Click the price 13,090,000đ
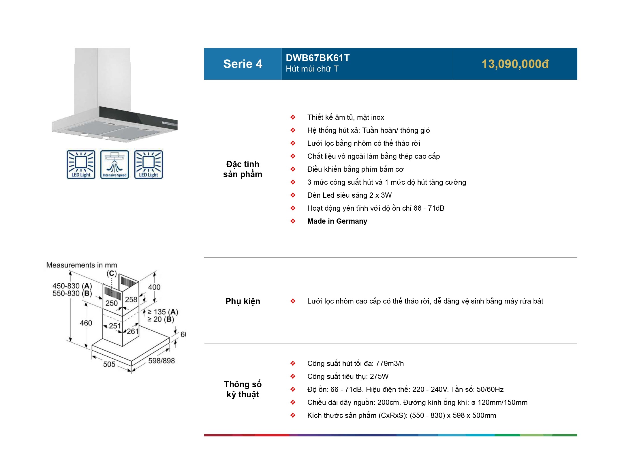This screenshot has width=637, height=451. (515, 64)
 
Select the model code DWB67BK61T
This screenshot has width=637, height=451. (317, 58)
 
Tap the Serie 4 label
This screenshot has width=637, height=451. (243, 64)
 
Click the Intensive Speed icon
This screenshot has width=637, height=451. (114, 164)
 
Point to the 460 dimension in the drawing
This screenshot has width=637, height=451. (86, 323)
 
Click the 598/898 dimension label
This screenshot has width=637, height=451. (161, 361)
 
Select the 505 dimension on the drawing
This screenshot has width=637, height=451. (109, 364)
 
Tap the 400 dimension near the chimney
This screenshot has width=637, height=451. (154, 287)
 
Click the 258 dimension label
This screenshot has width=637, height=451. (131, 300)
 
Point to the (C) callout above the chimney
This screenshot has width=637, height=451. (112, 273)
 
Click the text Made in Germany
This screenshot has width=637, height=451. (337, 221)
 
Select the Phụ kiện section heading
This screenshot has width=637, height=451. (243, 301)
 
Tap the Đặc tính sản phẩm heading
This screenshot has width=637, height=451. (243, 169)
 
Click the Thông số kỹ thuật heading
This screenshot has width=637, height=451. (243, 389)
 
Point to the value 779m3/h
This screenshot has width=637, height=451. (389, 364)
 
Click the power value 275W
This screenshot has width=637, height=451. (379, 377)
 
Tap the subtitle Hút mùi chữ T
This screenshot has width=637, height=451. (312, 69)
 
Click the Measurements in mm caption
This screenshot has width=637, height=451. (82, 265)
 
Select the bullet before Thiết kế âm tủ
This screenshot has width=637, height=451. (293, 117)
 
